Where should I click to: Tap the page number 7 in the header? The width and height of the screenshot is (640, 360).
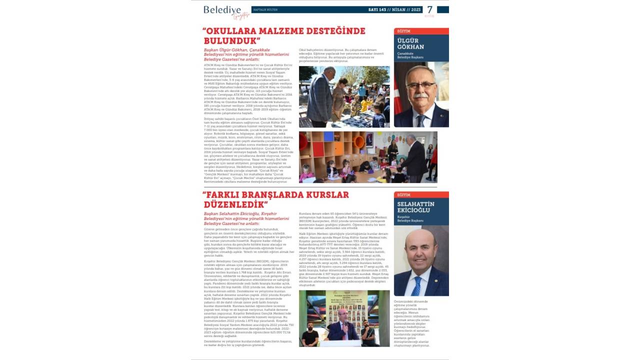tap(429, 9)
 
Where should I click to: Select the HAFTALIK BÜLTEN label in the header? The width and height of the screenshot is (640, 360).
tap(265, 9)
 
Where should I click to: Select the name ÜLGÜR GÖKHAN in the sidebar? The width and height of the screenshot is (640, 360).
tap(410, 43)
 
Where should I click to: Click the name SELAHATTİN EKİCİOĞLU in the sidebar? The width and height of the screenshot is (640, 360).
tap(415, 207)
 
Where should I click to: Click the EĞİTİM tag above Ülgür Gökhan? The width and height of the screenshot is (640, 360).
tap(404, 31)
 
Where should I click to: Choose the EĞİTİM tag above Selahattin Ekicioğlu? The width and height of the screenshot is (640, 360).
tap(404, 195)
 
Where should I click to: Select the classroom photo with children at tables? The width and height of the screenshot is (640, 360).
tap(368, 157)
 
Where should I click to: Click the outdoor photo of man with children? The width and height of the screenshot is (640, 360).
tap(345, 97)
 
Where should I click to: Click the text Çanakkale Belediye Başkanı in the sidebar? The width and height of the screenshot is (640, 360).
tap(410, 55)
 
